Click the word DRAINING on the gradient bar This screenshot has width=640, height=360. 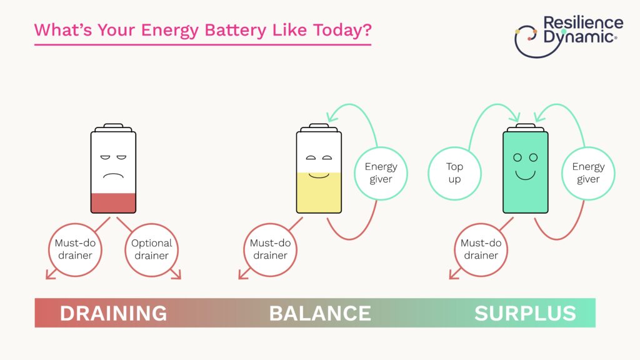point(114,314)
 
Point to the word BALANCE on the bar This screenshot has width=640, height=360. point(320,314)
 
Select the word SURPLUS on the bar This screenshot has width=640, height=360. point(525,314)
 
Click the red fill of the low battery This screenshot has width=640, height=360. point(114,203)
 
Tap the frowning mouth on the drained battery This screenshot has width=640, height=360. point(114,176)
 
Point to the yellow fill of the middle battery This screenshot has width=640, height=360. point(319,192)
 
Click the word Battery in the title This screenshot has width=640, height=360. point(235,31)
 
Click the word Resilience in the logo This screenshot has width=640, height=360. point(583,22)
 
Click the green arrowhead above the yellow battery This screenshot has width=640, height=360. point(332,117)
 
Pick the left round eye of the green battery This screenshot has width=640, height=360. point(517,157)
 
